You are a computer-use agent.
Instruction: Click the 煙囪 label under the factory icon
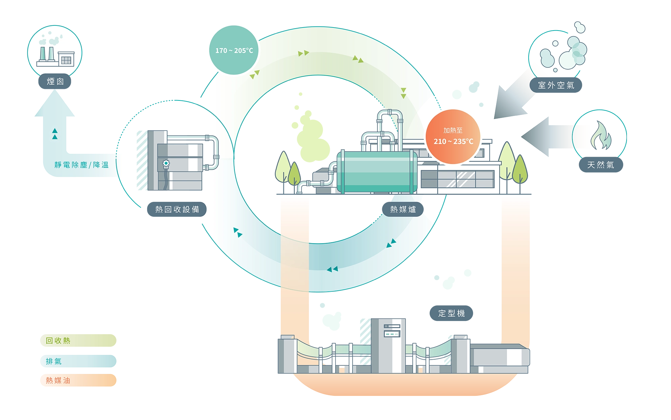pos(55,81)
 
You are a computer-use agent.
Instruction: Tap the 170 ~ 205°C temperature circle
pos(234,50)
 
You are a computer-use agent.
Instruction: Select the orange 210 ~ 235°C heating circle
pos(453,136)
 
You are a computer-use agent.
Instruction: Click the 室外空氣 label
pos(556,85)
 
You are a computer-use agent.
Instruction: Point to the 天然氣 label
pos(601,165)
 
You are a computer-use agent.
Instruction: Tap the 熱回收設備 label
pos(177,209)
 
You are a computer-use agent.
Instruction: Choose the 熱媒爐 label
pos(403,209)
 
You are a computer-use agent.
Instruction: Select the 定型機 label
pos(451,313)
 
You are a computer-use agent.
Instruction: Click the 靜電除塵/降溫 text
pos(81,165)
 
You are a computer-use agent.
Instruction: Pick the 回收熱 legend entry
pos(78,341)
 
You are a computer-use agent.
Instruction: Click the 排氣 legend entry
pos(78,361)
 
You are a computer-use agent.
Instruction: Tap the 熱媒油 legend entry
pos(78,380)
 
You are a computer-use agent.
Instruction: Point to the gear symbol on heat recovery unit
pos(166,164)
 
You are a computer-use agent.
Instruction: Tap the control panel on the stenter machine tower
pos(392,330)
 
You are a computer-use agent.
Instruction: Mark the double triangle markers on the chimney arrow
pos(55,134)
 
